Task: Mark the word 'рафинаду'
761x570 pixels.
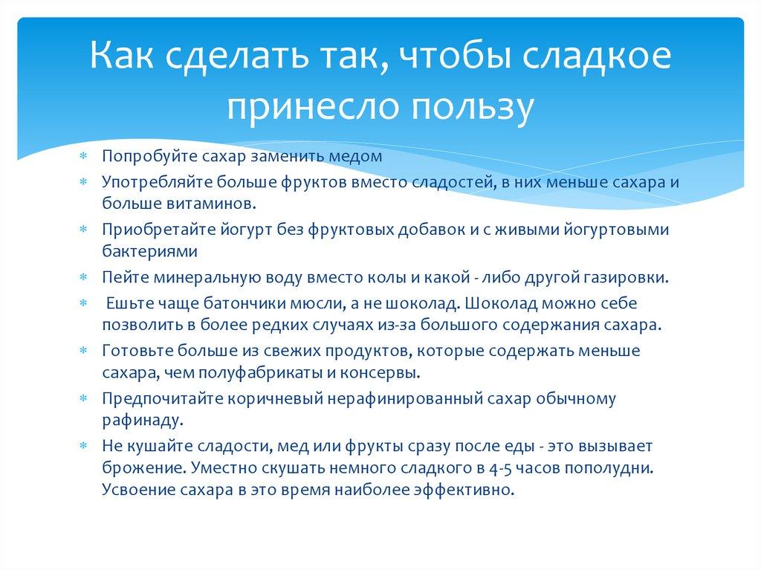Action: pos(139,420)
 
